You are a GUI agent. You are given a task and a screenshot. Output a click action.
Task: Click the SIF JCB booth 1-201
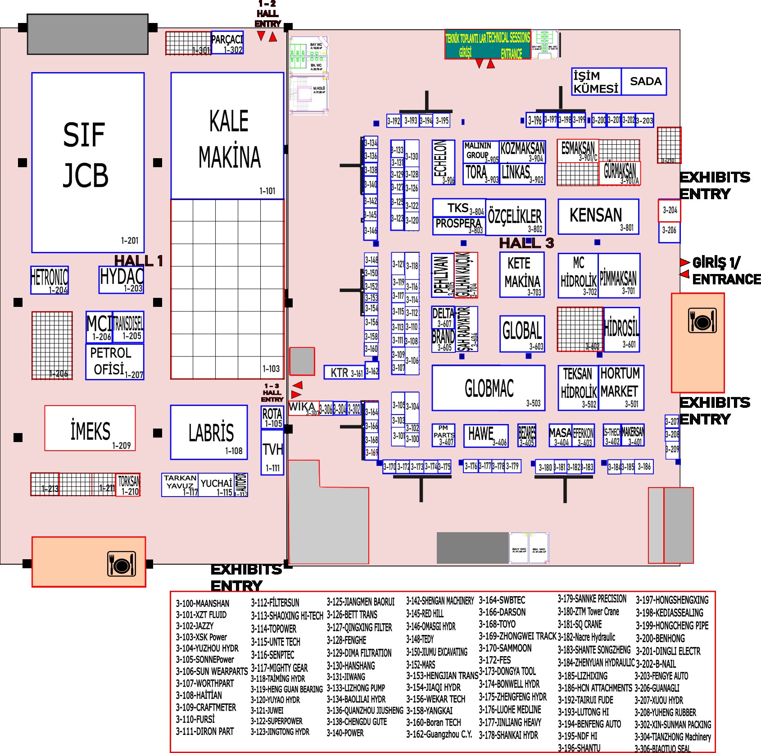coord(88,162)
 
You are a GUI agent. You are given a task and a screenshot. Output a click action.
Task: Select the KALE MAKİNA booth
coord(227,135)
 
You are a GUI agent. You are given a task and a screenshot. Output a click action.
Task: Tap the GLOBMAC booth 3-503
coord(489,388)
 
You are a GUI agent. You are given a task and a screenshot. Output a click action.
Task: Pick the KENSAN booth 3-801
coord(598,217)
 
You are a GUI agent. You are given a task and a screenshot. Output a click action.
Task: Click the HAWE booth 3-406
coord(486,435)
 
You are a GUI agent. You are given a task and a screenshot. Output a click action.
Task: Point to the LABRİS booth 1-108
coord(209,432)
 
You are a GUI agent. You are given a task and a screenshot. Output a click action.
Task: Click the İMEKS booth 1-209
coord(90,428)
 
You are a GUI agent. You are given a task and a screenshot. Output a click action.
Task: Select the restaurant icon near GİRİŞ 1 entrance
coord(702,321)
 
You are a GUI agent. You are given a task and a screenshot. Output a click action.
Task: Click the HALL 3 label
coord(526,243)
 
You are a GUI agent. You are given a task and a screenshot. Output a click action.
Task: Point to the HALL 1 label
coord(138,260)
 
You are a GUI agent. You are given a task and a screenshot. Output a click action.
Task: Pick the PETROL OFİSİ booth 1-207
coord(115,361)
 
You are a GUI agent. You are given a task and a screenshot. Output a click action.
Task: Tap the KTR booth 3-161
coord(344,372)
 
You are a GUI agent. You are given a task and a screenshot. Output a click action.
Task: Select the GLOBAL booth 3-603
coord(522,333)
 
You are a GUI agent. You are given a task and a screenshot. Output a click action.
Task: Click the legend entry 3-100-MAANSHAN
coord(203,603)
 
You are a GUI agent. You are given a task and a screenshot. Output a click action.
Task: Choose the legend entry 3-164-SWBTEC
coord(502,600)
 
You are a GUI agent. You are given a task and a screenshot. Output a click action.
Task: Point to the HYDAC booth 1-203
coord(121,279)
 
